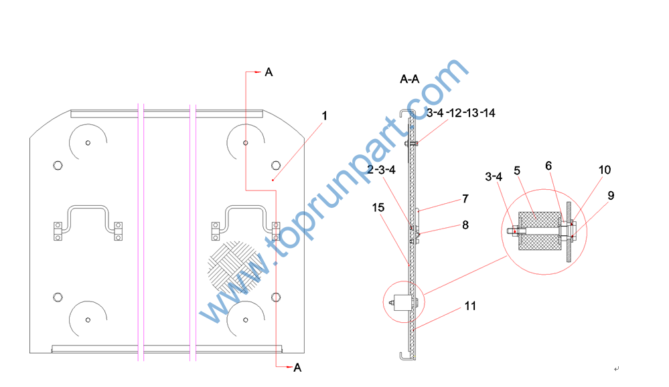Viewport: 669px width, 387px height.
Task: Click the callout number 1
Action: tap(325, 116)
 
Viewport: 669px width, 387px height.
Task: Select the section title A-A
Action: tap(410, 79)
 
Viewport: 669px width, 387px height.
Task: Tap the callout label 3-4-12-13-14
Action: tap(461, 113)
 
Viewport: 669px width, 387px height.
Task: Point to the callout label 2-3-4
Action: tap(382, 170)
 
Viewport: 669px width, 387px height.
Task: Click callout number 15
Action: tap(378, 207)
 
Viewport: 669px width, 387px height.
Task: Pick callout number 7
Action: tap(465, 199)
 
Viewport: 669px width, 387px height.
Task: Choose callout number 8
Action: tap(465, 225)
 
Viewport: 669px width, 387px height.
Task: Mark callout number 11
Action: tap(470, 306)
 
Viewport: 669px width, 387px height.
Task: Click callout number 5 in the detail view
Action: tap(517, 171)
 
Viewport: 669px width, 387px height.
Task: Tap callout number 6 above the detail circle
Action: tap(548, 166)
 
